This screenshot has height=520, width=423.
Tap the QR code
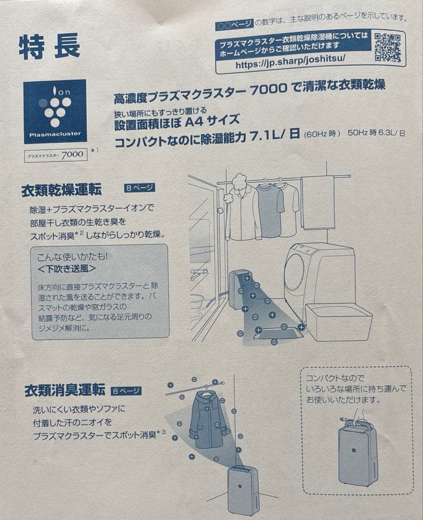coord(387,47)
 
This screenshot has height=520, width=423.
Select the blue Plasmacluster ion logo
coord(55,111)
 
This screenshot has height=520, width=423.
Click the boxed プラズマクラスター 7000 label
coord(56,155)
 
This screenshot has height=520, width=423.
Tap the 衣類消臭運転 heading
coord(65,390)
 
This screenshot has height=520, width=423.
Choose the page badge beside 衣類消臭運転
coord(126,391)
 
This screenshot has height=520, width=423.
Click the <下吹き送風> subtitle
coord(66,268)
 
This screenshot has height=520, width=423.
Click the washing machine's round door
coord(295,279)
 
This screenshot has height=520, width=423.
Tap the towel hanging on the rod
coord(318,202)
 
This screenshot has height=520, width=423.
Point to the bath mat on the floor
coord(279,331)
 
